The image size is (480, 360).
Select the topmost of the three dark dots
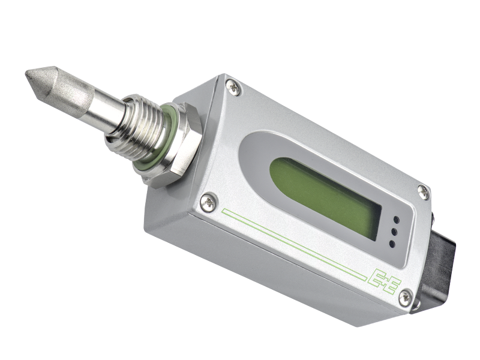396,219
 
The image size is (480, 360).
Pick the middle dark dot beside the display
394,232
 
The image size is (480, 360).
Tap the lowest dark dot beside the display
391,244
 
